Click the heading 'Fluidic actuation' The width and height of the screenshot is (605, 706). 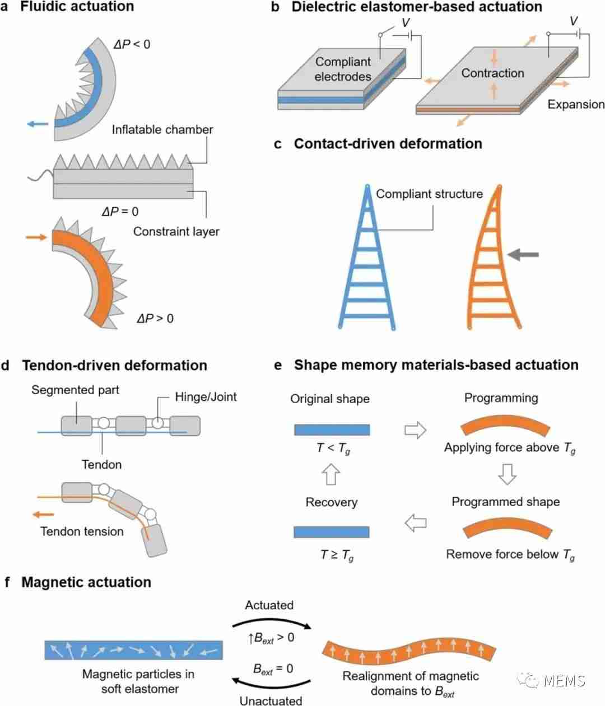point(77,7)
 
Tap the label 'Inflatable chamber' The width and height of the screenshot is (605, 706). point(162,130)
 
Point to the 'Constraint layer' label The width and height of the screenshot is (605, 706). point(176,232)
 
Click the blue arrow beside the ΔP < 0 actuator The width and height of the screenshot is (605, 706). point(38,124)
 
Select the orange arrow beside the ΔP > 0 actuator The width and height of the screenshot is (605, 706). point(36,237)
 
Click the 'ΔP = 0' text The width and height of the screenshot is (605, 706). point(120,212)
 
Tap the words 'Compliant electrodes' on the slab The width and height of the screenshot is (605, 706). point(343,69)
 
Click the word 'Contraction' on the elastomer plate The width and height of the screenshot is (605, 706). point(492,73)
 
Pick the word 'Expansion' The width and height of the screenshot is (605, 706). point(576,104)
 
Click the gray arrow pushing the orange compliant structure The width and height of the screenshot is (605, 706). point(523,254)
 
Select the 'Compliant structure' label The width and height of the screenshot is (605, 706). point(429,194)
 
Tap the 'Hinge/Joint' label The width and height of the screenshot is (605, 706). point(206,397)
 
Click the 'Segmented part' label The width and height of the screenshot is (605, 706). point(75,390)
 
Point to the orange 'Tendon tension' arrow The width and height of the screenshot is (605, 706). point(43,515)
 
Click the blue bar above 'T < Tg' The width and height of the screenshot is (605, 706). point(332,429)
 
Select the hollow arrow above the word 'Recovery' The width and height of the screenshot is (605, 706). point(331,474)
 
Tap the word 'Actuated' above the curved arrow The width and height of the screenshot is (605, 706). point(269,605)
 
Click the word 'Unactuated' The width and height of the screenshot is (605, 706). point(271,701)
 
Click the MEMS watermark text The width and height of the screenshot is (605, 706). point(564,681)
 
